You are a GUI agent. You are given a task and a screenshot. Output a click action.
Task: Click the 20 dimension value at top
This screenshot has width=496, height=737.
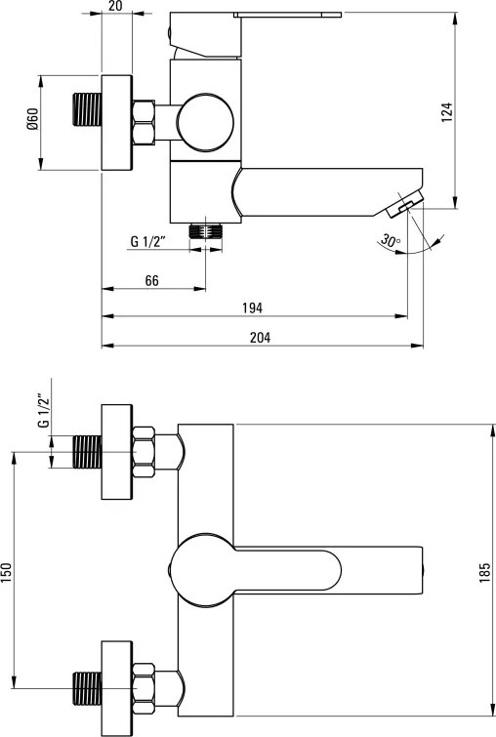[115, 6]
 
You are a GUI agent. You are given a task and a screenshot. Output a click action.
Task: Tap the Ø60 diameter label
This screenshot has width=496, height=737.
[32, 119]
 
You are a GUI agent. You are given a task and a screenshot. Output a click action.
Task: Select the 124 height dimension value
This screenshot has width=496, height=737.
[446, 113]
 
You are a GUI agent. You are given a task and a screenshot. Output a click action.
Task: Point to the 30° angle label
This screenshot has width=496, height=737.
[391, 241]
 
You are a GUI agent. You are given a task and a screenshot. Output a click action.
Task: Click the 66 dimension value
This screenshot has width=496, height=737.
[152, 280]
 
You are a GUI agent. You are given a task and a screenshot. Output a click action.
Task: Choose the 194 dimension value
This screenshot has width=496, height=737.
[253, 307]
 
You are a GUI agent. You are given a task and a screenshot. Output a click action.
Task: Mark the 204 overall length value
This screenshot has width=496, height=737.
[260, 338]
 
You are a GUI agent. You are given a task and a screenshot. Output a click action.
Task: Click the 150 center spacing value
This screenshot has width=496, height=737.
[7, 572]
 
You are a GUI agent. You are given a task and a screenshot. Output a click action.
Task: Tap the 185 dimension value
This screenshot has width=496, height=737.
[484, 572]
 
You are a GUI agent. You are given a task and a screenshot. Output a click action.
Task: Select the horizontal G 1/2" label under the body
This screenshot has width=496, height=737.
[148, 241]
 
